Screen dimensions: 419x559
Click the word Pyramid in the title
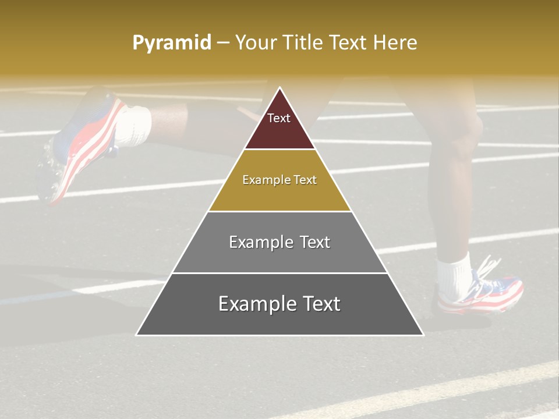(x=172, y=43)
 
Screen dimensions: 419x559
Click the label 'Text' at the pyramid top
(x=279, y=119)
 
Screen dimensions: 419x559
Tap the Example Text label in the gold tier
(x=279, y=180)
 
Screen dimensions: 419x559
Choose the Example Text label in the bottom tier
(x=279, y=304)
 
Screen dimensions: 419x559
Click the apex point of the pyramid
(x=279, y=88)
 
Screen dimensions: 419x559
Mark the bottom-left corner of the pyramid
(x=137, y=335)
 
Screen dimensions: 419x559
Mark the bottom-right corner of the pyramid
(x=423, y=335)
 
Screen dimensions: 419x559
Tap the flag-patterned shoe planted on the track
(x=483, y=291)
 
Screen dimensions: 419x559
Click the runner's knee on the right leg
(x=466, y=131)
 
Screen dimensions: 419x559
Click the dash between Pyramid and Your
(x=223, y=43)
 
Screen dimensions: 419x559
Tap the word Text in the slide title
(x=348, y=43)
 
